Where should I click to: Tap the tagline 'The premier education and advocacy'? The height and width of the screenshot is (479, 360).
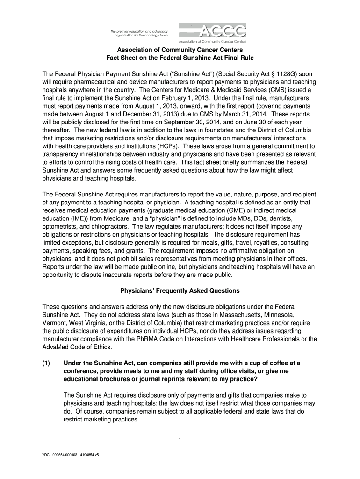pyautogui.click(x=136, y=30)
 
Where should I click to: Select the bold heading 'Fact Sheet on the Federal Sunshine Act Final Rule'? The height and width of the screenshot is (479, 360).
pyautogui.click(x=180, y=58)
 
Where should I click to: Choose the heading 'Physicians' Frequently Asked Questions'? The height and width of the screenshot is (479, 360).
pyautogui.click(x=180, y=290)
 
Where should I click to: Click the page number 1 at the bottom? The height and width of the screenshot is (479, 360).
pyautogui.click(x=180, y=440)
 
